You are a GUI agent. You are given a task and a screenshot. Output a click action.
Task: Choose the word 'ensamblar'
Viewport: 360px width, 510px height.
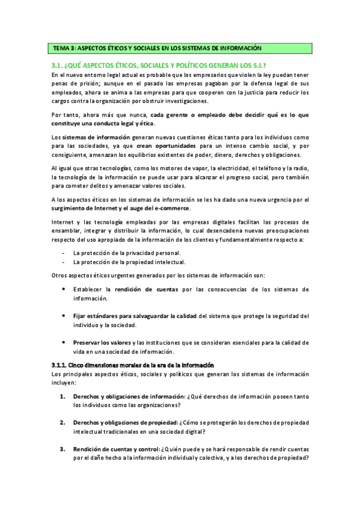point(69,231)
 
